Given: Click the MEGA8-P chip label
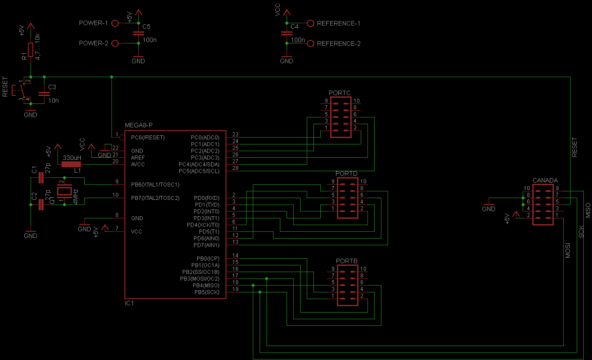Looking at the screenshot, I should pos(138,125).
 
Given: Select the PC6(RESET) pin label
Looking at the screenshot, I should pos(149,138).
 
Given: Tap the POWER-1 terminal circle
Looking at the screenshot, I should pos(114,23).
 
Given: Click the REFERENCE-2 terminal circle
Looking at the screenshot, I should pos(311,43).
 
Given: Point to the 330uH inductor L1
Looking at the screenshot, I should pos(71,164).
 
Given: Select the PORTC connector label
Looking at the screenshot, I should pos(339,92).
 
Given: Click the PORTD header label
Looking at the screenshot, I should pos(346,173).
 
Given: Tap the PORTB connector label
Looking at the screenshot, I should pos(346,261).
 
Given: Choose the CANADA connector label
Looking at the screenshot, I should pos(545,180).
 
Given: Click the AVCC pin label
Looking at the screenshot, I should pos(138,164).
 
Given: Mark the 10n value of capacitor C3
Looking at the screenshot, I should pos(53,100).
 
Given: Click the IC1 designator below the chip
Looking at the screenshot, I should pos(129,303).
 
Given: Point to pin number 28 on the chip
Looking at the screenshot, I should pos(235,168).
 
